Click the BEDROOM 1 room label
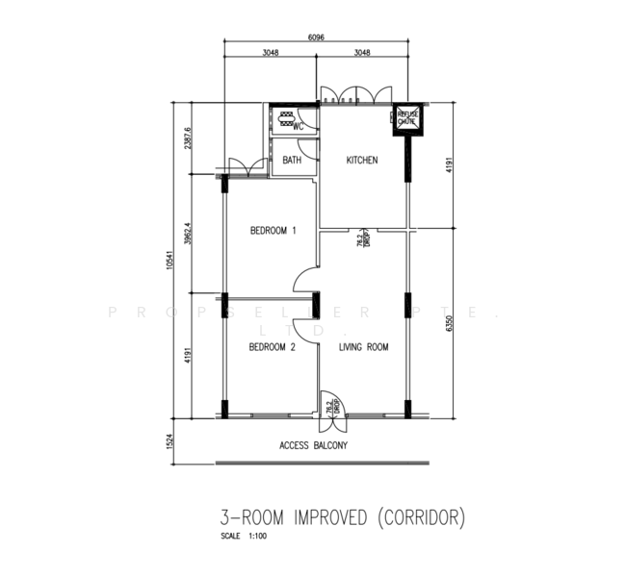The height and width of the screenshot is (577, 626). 273,231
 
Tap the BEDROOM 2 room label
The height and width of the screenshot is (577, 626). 272,347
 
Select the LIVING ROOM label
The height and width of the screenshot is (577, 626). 363,347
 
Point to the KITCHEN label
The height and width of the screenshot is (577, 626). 362,161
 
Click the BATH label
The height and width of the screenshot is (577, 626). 292,161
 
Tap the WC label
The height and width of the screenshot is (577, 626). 299,127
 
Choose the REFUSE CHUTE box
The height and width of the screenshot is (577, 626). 406,118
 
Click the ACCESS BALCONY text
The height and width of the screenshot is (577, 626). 313,446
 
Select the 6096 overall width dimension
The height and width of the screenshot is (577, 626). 317,37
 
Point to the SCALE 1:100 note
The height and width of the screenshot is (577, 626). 243,536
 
